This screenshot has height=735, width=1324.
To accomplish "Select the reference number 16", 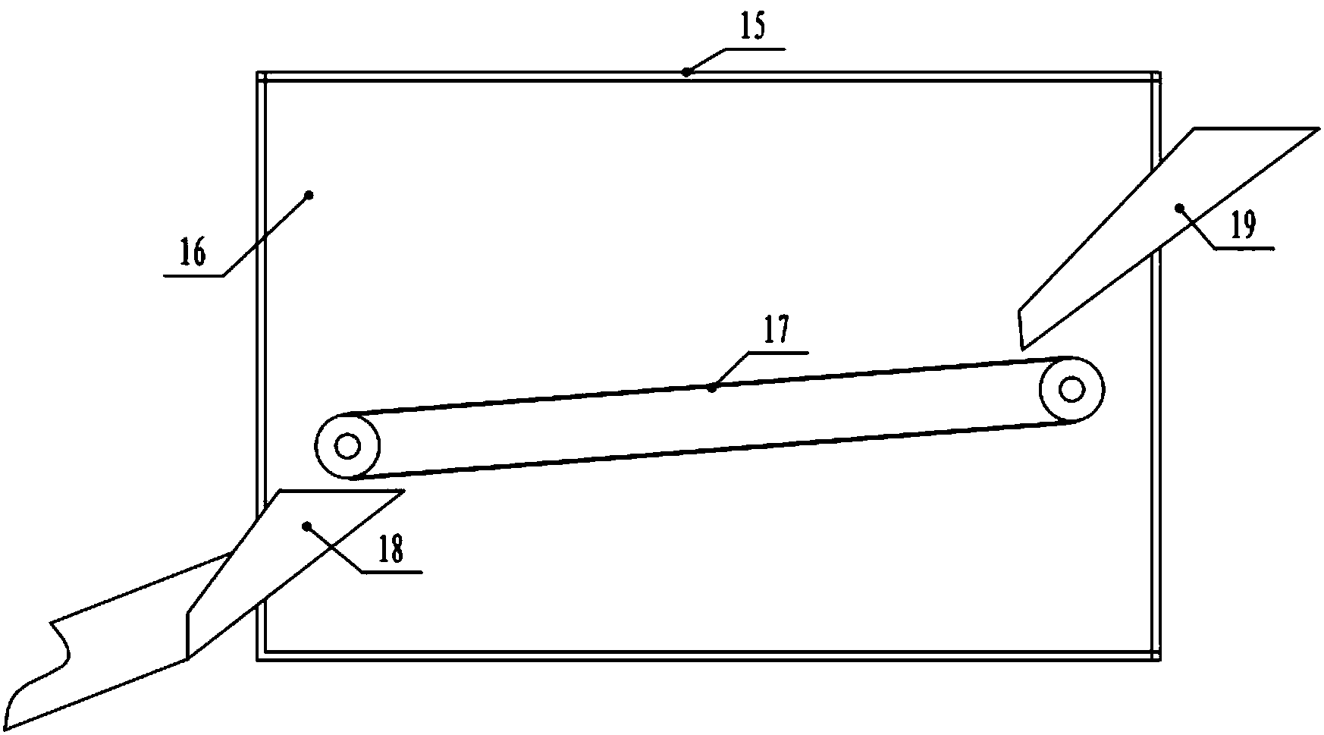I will [x=193, y=253].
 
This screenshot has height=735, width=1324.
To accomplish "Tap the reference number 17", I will [x=777, y=331].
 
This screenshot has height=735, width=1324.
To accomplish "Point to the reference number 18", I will [x=391, y=549].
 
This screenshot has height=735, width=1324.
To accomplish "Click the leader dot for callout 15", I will [x=686, y=72].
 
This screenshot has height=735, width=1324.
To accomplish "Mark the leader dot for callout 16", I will [x=309, y=195].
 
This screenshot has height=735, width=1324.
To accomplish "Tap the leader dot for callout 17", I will [x=711, y=388].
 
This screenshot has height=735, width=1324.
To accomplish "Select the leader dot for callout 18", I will [x=306, y=526].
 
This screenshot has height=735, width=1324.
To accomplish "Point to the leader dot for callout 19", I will [x=1179, y=207].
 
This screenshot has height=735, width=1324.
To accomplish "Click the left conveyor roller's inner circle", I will [x=347, y=446].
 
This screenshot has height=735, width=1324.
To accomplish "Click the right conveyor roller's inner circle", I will [x=1071, y=389].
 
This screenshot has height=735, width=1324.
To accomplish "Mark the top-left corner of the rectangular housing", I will [x=259, y=74].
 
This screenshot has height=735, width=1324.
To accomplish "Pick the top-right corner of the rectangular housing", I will [x=1159, y=74].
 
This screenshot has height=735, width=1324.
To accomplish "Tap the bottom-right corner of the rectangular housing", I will [x=1159, y=661].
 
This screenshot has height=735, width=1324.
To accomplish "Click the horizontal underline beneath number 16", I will [x=194, y=276].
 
